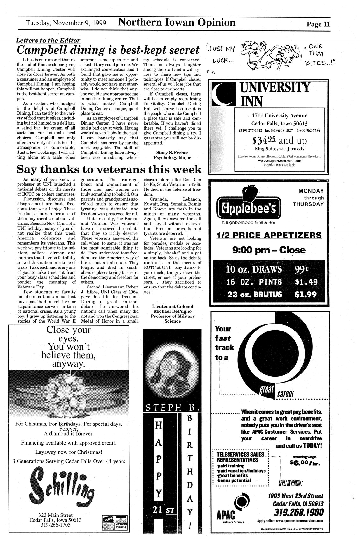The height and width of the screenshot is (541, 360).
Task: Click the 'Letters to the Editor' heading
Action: pyautogui.click(x=48, y=40)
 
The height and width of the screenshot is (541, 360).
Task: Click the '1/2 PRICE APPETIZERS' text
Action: pyautogui.click(x=269, y=235)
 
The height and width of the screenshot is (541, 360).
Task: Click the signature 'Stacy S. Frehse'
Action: pyautogui.click(x=172, y=153)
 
